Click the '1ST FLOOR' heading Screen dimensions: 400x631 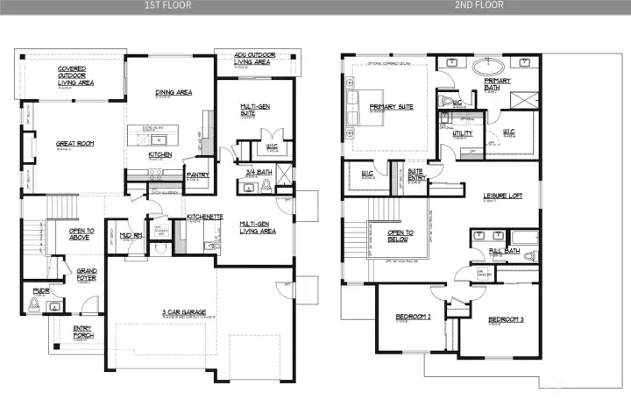[167, 5]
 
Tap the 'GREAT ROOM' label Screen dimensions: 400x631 [75, 143]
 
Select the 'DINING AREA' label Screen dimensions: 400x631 [172, 91]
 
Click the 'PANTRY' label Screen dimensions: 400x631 [197, 175]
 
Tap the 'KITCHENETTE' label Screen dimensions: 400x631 [204, 216]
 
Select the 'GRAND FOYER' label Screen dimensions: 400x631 [87, 271]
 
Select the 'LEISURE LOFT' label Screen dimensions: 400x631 [503, 196]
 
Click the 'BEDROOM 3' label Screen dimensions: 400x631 [506, 318]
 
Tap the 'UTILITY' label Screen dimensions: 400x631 [463, 134]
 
